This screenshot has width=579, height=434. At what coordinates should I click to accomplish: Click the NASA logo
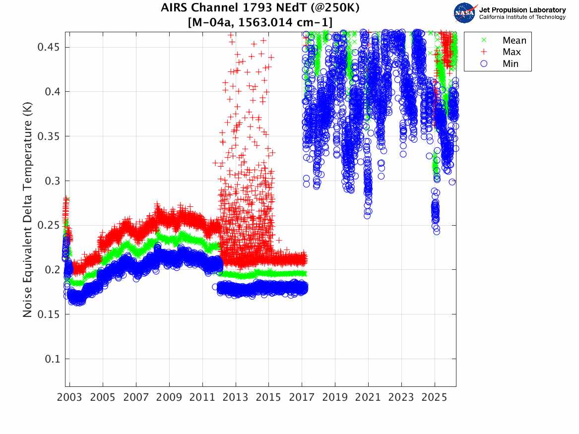(x=465, y=13)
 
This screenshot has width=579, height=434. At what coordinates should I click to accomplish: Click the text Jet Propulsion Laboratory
(x=522, y=9)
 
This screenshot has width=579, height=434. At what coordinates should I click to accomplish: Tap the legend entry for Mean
(x=514, y=41)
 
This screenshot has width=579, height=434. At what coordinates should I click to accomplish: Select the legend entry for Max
(x=512, y=52)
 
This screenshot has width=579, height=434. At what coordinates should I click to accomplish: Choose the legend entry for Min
(x=511, y=63)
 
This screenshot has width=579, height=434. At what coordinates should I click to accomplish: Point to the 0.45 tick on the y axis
(x=49, y=47)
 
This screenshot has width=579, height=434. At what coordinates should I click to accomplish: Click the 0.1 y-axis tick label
(x=52, y=359)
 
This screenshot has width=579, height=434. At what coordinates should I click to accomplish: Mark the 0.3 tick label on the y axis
(x=52, y=181)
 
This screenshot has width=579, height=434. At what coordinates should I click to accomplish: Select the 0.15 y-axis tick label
(x=49, y=314)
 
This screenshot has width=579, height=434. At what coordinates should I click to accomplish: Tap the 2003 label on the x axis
(x=70, y=398)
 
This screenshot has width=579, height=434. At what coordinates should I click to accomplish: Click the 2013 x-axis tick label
(x=236, y=398)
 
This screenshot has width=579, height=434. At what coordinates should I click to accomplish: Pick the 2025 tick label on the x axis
(x=435, y=398)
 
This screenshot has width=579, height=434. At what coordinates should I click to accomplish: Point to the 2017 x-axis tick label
(x=302, y=398)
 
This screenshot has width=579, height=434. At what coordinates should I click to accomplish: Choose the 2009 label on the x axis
(x=169, y=398)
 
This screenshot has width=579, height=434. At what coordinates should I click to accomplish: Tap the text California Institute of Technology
(x=522, y=17)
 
